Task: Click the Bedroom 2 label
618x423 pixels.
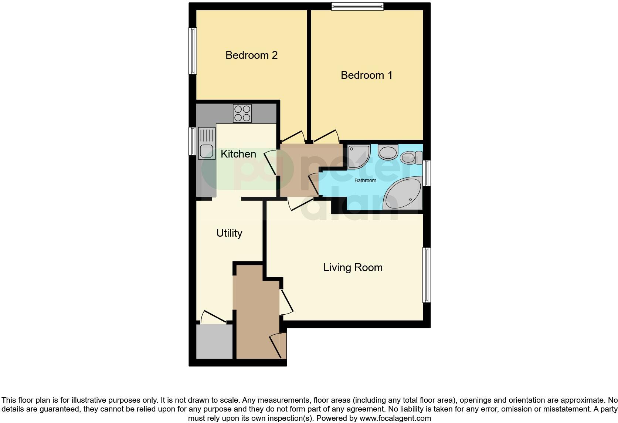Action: tap(251, 55)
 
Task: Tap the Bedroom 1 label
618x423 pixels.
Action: tap(366, 75)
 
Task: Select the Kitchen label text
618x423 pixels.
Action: tap(238, 154)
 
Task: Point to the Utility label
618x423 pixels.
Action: tap(229, 233)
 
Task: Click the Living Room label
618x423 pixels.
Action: tap(353, 268)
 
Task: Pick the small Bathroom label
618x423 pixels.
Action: tap(365, 181)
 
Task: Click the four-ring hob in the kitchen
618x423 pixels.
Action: tap(242, 113)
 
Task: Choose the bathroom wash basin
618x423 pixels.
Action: tap(388, 152)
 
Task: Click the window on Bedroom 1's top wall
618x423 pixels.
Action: tap(357, 6)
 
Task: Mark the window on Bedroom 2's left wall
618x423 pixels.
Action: tap(193, 51)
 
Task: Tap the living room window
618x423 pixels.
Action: tap(427, 275)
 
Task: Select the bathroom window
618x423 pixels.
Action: tap(427, 173)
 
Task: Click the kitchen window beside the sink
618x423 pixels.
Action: tap(193, 141)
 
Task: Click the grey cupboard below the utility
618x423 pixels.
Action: tap(214, 342)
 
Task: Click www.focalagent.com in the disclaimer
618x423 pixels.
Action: tap(395, 418)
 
